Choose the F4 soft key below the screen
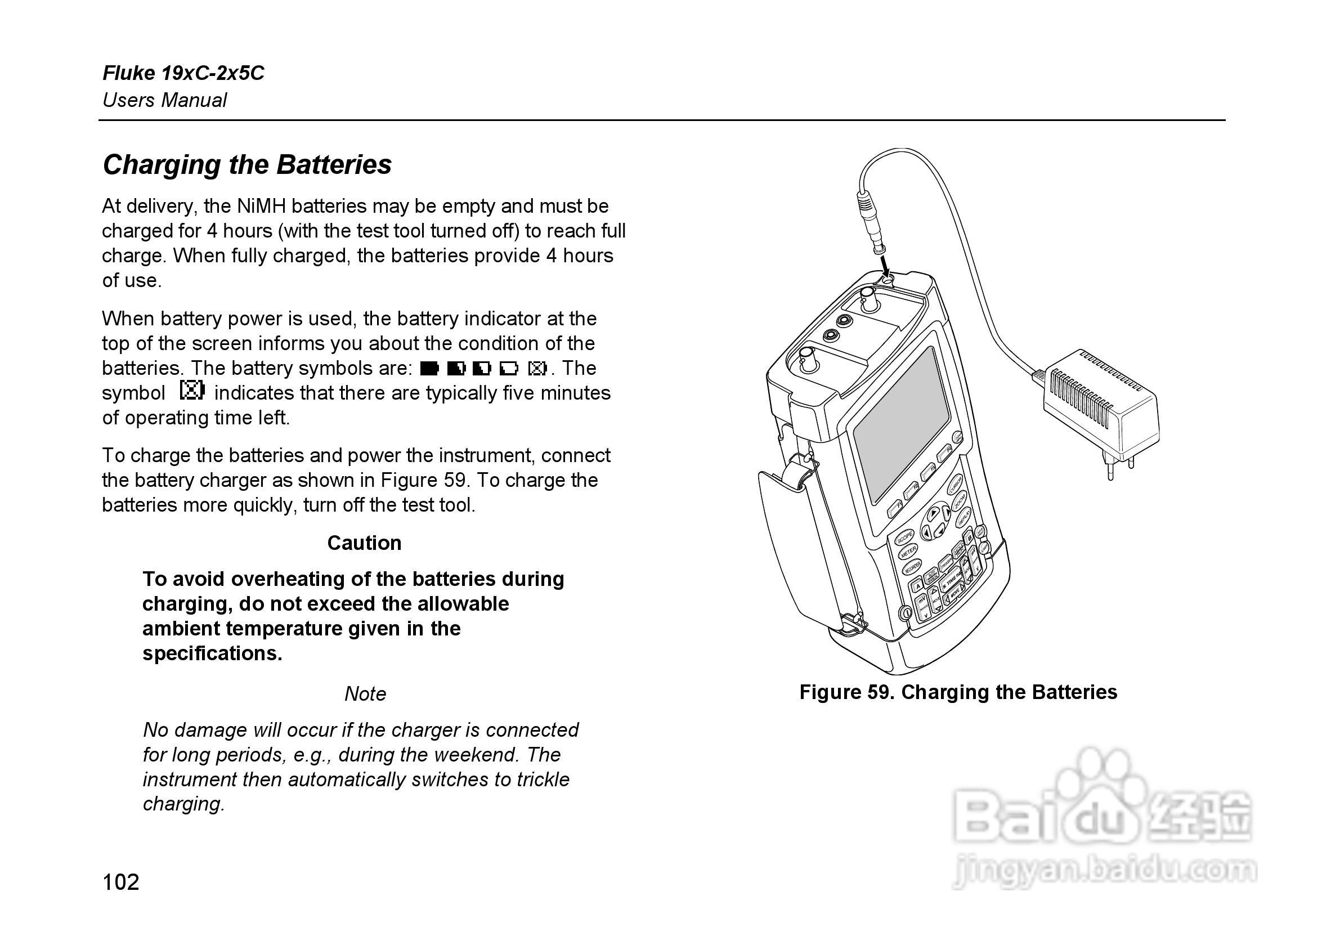pos(944,454)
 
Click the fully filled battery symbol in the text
pos(429,368)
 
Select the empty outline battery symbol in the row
pos(509,368)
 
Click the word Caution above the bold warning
pos(364,543)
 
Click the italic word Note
pos(365,693)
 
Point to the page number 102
pos(121,882)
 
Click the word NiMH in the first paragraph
pos(261,206)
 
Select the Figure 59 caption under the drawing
pos(958,692)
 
